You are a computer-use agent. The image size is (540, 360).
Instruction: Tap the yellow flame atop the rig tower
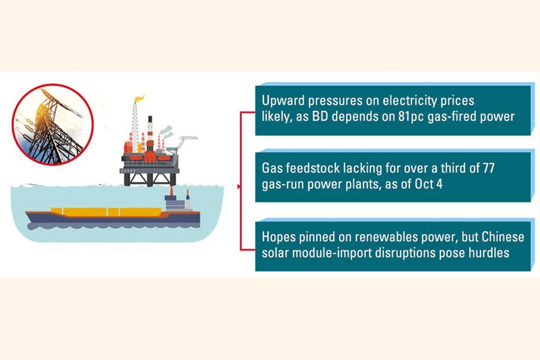[x=139, y=98]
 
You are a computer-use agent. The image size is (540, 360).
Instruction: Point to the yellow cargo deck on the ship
[x=106, y=212]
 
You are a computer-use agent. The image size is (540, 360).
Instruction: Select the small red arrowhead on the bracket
[x=239, y=187]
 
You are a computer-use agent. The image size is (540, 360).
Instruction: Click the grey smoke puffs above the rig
[x=167, y=131]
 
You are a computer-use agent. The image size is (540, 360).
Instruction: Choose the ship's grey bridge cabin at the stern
[x=175, y=202]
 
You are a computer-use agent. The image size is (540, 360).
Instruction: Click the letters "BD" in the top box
[x=320, y=117]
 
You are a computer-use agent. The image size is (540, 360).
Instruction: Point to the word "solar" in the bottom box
[x=276, y=253]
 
